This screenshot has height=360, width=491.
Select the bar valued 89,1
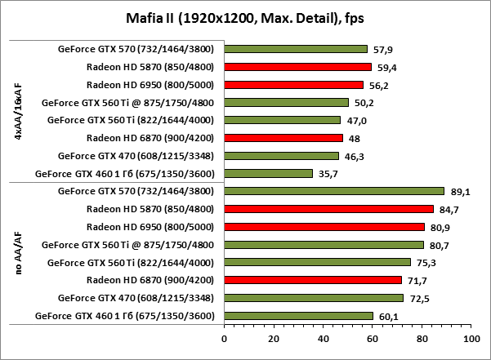(x=333, y=191)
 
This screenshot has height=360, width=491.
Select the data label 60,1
(x=387, y=316)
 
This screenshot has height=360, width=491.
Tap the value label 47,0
(x=355, y=120)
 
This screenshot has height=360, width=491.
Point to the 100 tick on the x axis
(x=470, y=336)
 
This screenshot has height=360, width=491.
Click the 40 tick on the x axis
(x=323, y=336)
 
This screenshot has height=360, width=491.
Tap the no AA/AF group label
(x=18, y=253)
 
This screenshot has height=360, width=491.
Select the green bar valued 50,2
(x=286, y=103)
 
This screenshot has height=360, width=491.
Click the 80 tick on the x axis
(x=421, y=336)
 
